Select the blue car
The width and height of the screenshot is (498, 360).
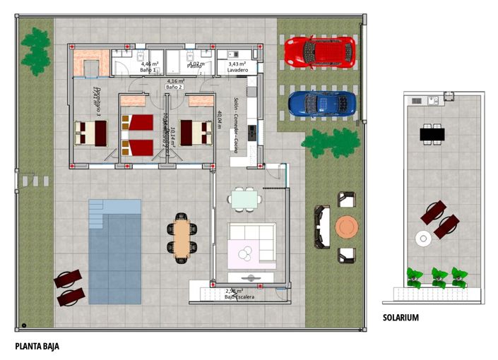click(x=319, y=103)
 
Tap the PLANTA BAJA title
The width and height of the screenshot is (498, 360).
click(x=37, y=347)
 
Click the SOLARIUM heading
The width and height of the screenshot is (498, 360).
click(x=401, y=318)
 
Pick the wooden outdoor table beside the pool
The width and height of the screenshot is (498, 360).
click(x=182, y=236)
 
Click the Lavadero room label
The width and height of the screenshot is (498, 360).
click(x=237, y=71)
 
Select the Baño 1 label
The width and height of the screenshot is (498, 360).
click(x=148, y=71)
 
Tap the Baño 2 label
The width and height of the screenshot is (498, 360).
click(x=174, y=86)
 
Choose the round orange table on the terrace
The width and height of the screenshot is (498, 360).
click(x=347, y=227)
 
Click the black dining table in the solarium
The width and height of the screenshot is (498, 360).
click(x=432, y=133)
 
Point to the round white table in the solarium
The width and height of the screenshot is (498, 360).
click(x=423, y=238)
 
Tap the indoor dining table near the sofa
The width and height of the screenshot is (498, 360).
click(x=244, y=199)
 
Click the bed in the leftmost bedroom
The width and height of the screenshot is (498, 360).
click(x=90, y=132)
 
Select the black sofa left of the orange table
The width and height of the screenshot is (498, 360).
click(x=322, y=227)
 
